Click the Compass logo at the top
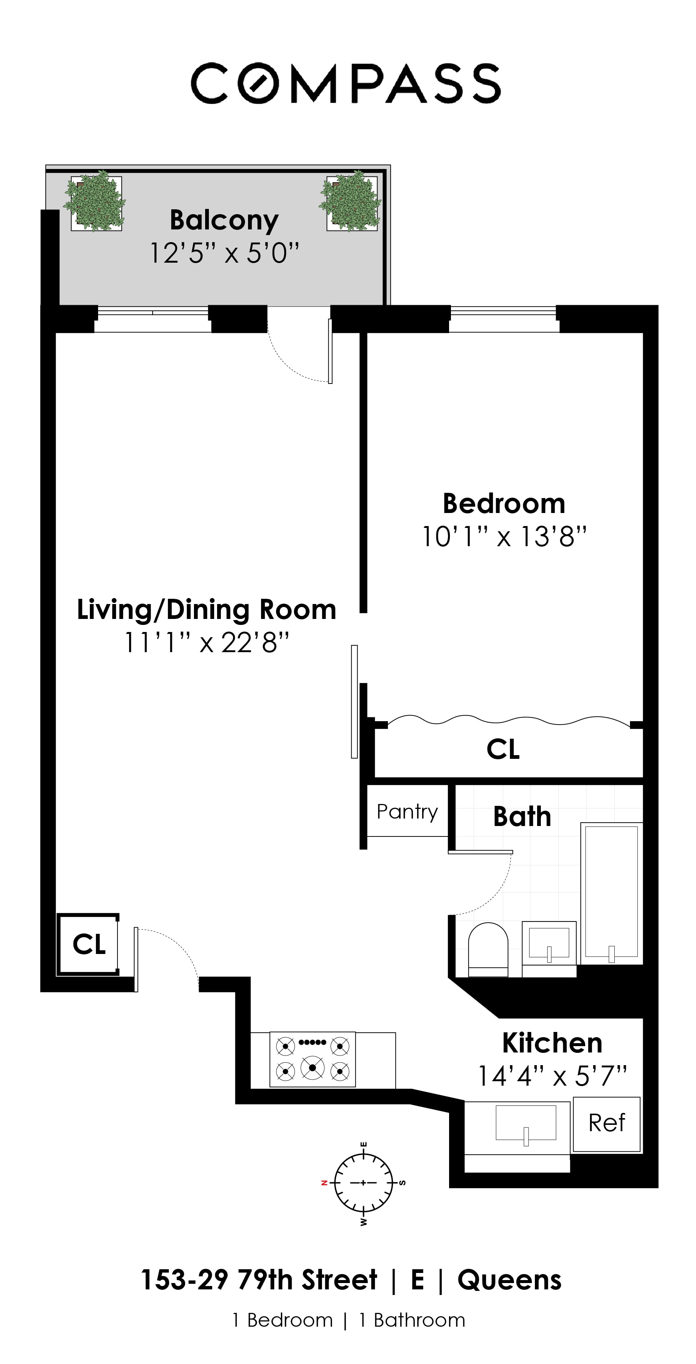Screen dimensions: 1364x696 pyautogui.click(x=346, y=83)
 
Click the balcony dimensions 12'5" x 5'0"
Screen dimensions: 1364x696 pyautogui.click(x=225, y=253)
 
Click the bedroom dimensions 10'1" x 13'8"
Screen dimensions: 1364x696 pyautogui.click(x=504, y=536)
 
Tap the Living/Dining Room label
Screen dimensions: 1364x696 pyautogui.click(x=206, y=610)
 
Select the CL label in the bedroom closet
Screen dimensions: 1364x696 pyautogui.click(x=503, y=749)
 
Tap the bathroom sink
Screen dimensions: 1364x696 pyautogui.click(x=549, y=944)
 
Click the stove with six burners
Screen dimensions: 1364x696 pyautogui.click(x=312, y=1059)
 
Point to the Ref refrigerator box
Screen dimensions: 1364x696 pyautogui.click(x=606, y=1123)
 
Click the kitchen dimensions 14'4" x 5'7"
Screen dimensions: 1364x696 pyautogui.click(x=552, y=1076)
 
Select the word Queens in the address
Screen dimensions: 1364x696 pyautogui.click(x=509, y=1280)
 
